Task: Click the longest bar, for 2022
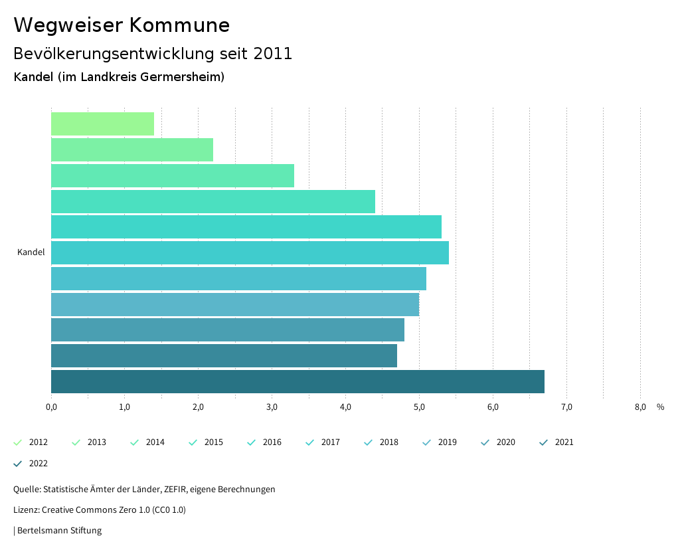297,381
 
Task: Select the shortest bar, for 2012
102,124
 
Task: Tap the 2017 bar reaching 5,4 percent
250,253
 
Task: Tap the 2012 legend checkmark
18,442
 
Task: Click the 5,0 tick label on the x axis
419,407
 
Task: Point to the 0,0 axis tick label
51,407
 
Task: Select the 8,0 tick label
640,407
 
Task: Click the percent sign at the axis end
660,407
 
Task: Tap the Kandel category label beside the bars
31,252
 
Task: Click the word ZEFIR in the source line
174,490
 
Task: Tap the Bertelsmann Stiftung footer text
59,531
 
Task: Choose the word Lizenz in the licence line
25,510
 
